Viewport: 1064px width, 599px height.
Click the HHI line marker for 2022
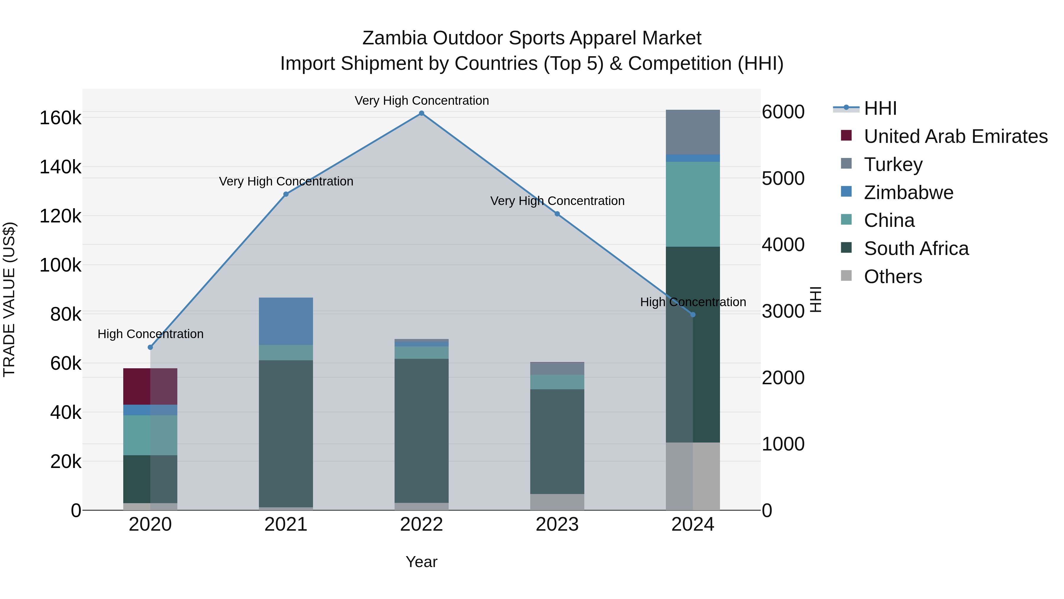pyautogui.click(x=421, y=113)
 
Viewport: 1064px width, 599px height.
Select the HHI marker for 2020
pyautogui.click(x=150, y=347)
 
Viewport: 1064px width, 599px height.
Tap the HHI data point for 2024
pyautogui.click(x=693, y=315)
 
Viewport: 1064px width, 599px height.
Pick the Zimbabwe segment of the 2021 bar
pyautogui.click(x=286, y=321)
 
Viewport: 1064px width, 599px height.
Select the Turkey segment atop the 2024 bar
pyautogui.click(x=693, y=132)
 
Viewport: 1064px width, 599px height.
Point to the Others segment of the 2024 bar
pyautogui.click(x=693, y=476)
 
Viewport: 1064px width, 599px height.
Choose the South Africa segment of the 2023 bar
pyautogui.click(x=557, y=442)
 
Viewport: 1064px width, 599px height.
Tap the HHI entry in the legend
pyautogui.click(x=880, y=108)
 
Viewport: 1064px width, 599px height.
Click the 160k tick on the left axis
pyautogui.click(x=60, y=118)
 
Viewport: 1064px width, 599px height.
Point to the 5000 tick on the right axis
pyautogui.click(x=783, y=179)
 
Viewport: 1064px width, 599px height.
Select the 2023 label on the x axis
pyautogui.click(x=557, y=524)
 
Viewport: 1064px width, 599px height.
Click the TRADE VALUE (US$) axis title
pyautogui.click(x=9, y=299)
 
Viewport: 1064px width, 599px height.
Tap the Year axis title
pyautogui.click(x=421, y=562)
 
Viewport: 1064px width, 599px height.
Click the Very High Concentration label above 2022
pyautogui.click(x=421, y=101)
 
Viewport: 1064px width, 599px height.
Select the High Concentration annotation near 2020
pyautogui.click(x=150, y=334)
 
